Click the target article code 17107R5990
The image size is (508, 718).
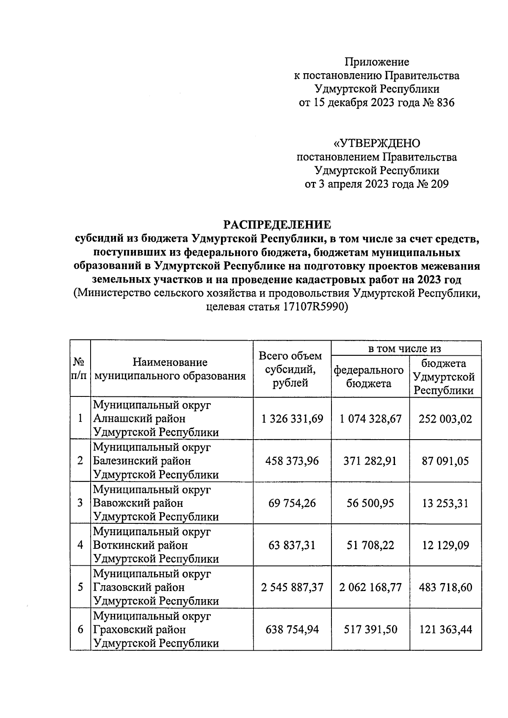point(313,307)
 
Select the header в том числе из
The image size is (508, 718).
point(406,349)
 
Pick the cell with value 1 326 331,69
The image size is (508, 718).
point(292,419)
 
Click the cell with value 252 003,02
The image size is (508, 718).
point(445,419)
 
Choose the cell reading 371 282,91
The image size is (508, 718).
point(370,461)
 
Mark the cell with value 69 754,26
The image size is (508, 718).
point(292,503)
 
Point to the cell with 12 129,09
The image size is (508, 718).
point(445,545)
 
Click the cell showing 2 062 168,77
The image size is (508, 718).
point(370,587)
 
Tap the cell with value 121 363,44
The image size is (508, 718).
point(445,630)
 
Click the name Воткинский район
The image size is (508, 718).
point(140,545)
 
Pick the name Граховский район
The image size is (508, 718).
point(139,630)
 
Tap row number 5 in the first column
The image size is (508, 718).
point(80,587)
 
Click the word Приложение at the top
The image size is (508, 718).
point(377,62)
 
